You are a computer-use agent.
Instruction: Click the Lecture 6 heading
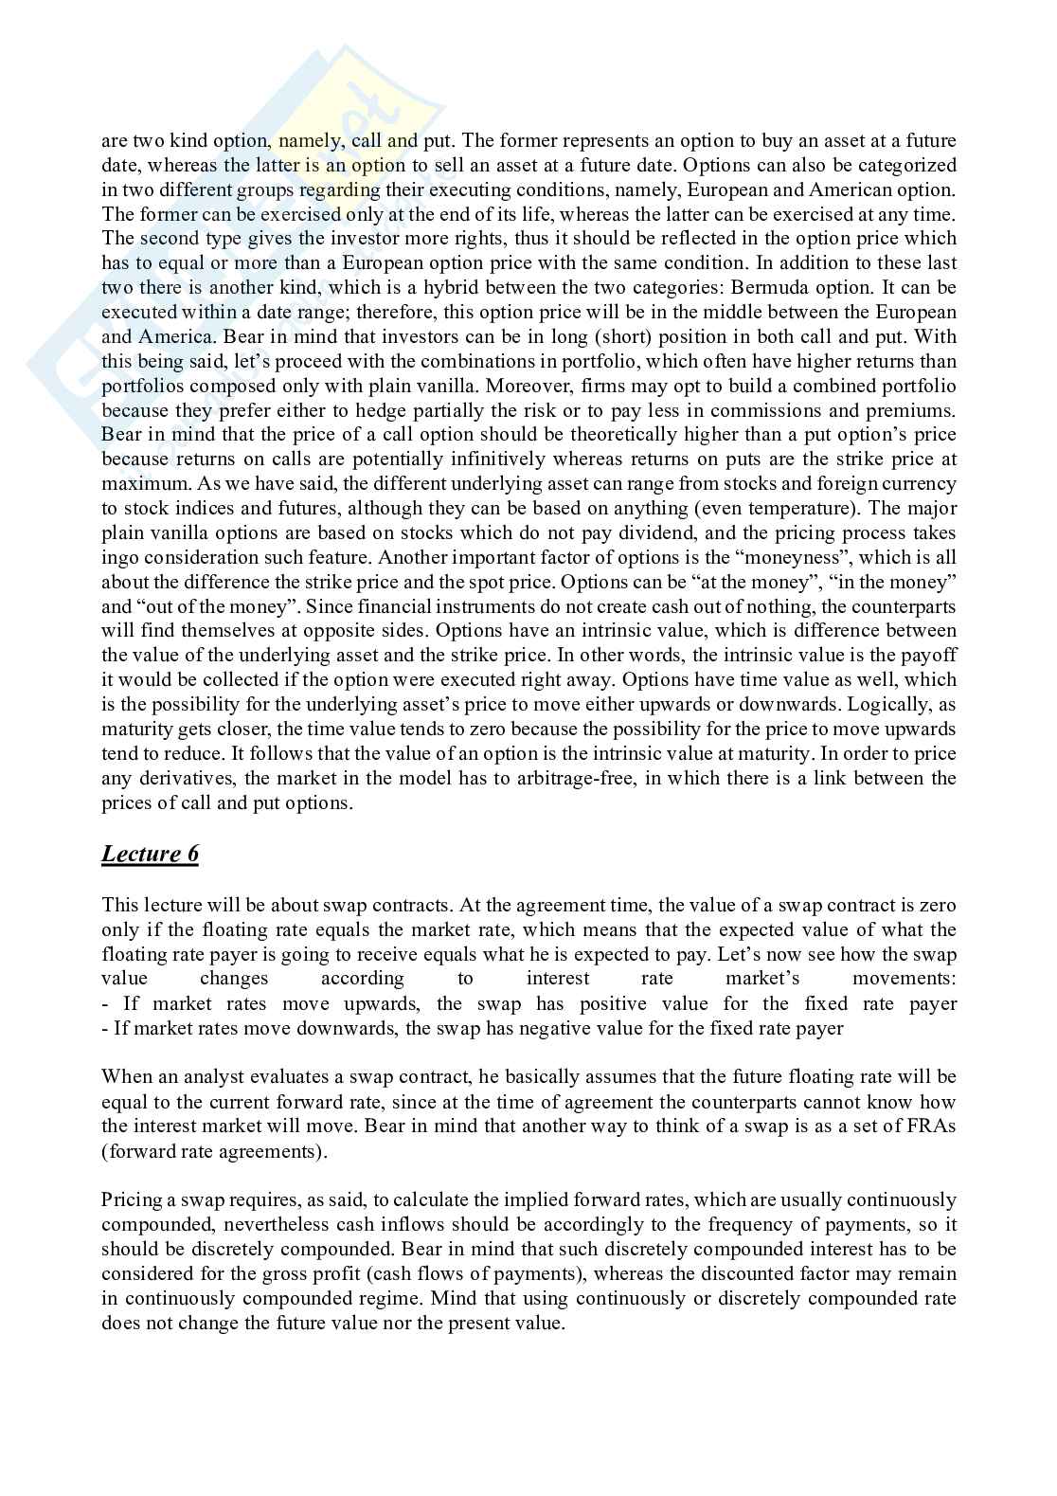150,854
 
